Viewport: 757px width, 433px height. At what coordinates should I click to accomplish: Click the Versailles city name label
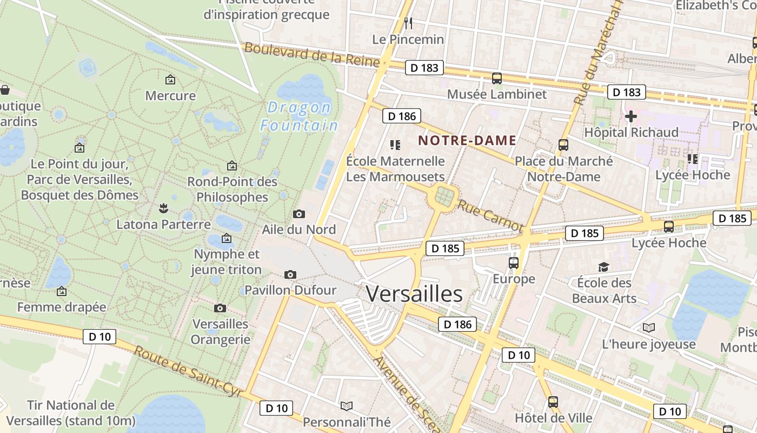coord(414,294)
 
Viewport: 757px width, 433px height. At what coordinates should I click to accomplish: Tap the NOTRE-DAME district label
coord(467,141)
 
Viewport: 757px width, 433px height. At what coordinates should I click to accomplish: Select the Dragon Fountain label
coord(298,116)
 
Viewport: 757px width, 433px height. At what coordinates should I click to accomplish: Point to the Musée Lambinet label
coord(496,94)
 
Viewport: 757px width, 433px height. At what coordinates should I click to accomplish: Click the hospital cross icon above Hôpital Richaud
coord(630,116)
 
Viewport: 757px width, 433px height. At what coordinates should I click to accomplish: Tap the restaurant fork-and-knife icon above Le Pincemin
coord(408,23)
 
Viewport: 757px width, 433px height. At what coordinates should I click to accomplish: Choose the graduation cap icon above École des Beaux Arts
coord(603,267)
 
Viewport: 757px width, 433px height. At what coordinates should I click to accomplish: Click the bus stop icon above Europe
coord(514,263)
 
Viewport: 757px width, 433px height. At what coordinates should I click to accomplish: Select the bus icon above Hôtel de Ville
coord(553,402)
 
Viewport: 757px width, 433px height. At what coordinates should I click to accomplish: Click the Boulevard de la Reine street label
coord(312,54)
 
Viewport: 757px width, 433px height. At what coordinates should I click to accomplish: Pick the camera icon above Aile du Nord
coord(298,214)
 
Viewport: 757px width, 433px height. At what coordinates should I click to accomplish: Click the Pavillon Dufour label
coord(290,290)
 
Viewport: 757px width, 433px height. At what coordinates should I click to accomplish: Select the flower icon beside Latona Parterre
coord(162,208)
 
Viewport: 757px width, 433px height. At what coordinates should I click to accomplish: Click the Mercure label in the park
coord(170,96)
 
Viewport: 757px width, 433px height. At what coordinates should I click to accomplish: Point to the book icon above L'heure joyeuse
coord(648,327)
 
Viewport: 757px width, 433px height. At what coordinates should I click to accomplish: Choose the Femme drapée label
coord(62,307)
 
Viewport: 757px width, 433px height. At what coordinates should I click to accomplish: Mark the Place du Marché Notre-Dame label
coord(563,169)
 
